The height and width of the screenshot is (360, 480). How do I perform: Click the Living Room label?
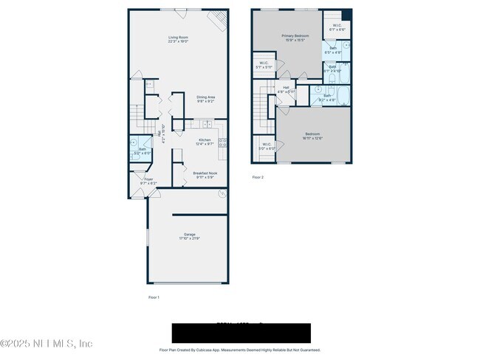point(178,39)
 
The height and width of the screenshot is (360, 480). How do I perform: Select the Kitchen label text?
point(205,142)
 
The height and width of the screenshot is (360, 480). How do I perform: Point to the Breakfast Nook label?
point(205,175)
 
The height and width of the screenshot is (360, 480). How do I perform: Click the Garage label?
point(189,236)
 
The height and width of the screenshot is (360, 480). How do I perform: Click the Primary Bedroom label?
point(294,38)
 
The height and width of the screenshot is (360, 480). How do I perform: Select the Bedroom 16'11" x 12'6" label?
point(312,136)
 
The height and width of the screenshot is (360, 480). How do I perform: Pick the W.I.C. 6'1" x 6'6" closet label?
point(336,28)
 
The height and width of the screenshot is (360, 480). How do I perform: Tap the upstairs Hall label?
point(286,89)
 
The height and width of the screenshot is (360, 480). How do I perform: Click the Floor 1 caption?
point(154,297)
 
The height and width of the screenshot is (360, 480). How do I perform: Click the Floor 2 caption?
point(258,177)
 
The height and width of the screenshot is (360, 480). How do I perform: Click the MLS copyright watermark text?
point(47,344)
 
